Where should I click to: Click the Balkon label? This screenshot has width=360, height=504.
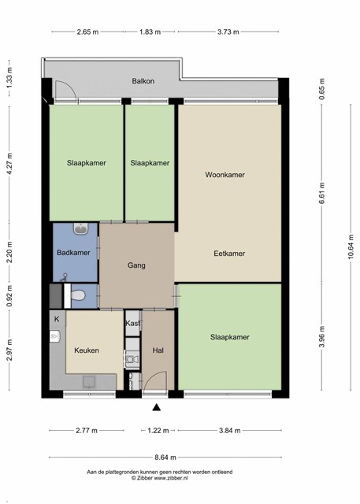(143, 81)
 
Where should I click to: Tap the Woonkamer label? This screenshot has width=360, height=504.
(225, 175)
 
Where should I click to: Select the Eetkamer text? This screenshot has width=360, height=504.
(229, 254)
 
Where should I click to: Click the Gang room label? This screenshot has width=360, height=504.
(136, 265)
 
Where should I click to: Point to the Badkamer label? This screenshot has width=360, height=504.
(73, 253)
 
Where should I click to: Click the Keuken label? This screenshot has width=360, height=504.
(87, 350)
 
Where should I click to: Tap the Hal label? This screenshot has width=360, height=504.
(158, 350)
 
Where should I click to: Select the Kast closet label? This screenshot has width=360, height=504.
(132, 323)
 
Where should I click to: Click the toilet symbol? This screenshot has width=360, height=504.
(77, 295)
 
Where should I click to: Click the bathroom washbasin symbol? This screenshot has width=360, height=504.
(81, 228)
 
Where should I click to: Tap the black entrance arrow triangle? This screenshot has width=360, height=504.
(157, 408)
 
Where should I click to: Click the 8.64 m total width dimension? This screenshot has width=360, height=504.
(165, 457)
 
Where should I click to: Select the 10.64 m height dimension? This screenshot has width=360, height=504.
(351, 246)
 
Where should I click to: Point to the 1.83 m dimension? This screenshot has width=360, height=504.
(150, 31)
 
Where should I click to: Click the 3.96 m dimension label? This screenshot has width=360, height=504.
(322, 336)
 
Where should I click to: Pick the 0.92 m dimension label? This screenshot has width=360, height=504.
(9, 296)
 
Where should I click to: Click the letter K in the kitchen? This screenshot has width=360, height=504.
(57, 319)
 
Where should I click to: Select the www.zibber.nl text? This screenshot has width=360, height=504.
(171, 478)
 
